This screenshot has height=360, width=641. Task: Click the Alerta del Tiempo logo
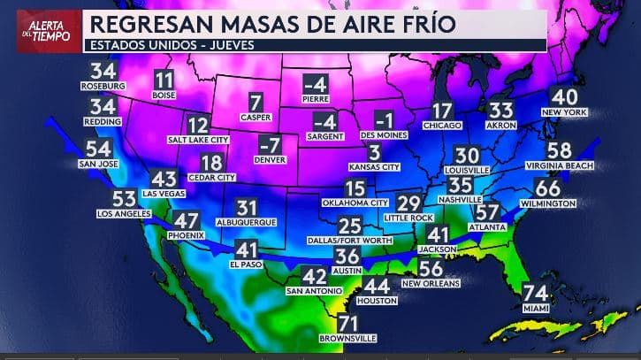coord(43,27)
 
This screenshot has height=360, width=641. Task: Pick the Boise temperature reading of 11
coord(164,80)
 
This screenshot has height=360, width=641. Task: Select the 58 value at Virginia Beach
coord(559,150)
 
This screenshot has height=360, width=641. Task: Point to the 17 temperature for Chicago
coord(442,111)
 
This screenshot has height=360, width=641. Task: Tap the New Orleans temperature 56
coord(431,268)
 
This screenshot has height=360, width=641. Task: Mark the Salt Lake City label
coord(198,140)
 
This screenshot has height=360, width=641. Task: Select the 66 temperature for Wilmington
coord(548,188)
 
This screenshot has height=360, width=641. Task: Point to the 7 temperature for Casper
coord(256,102)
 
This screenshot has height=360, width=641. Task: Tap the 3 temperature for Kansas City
coord(374,151)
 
